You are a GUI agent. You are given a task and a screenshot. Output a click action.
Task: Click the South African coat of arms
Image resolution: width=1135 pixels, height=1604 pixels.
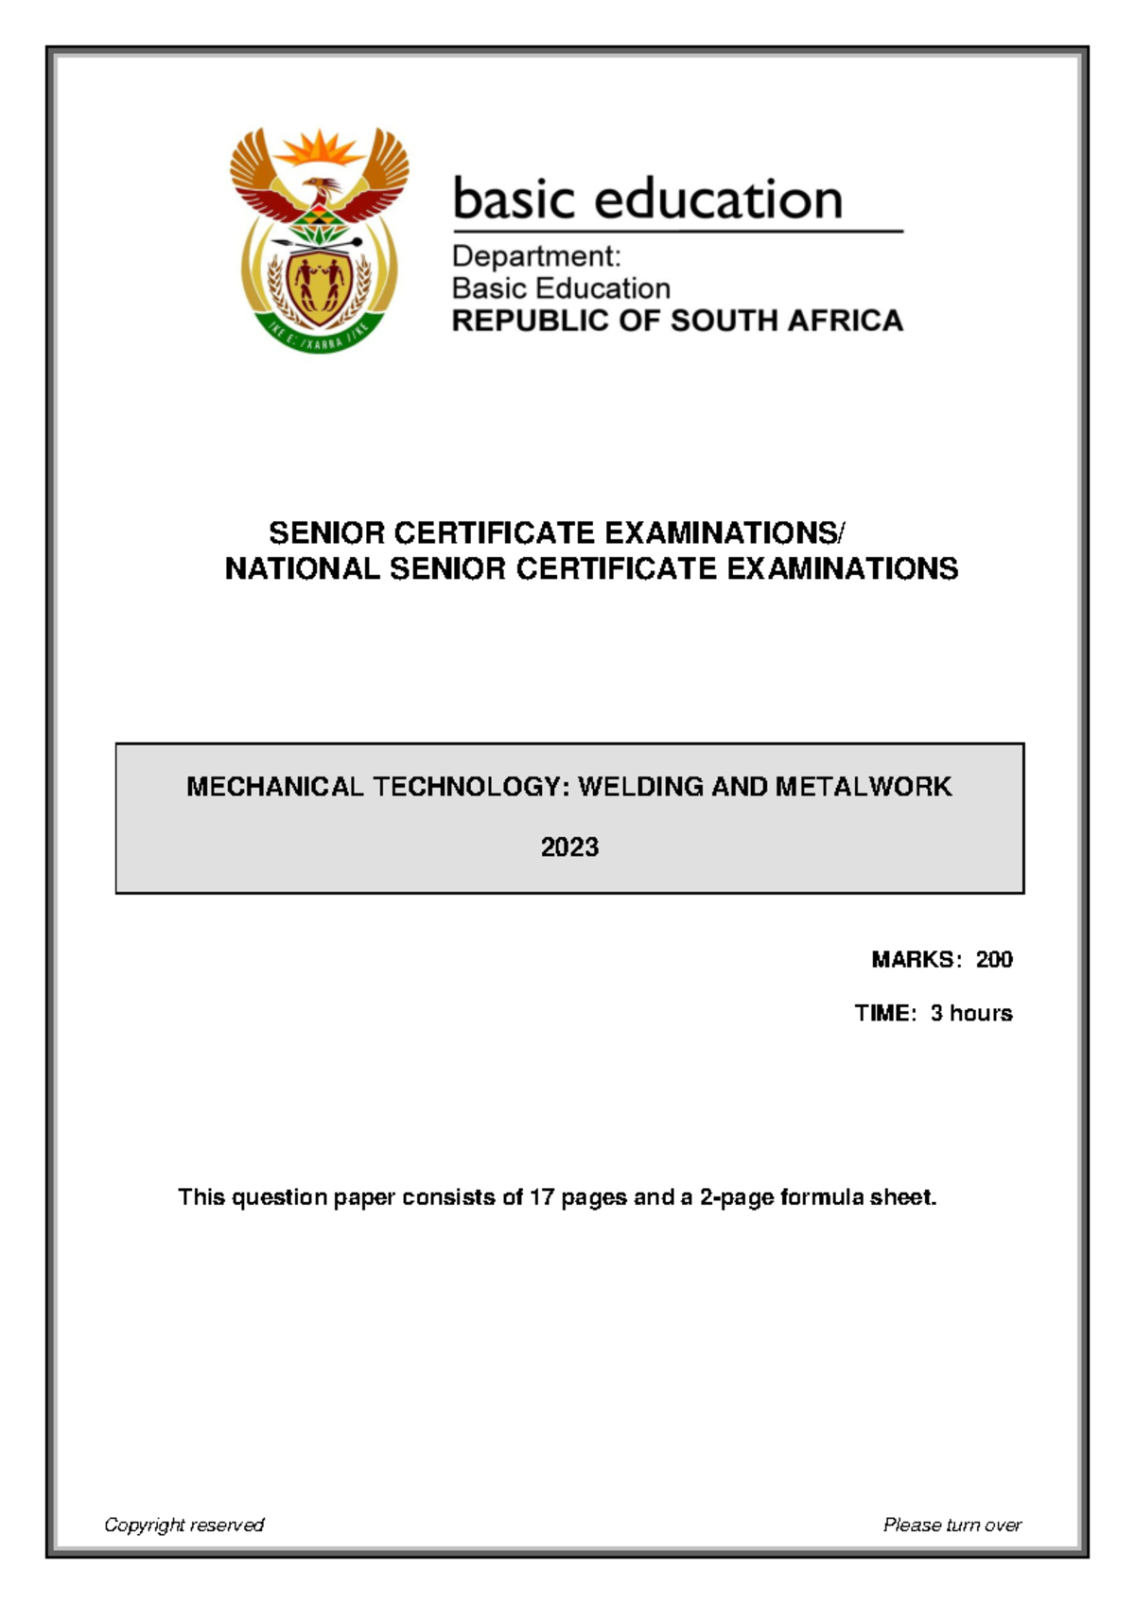click(x=319, y=241)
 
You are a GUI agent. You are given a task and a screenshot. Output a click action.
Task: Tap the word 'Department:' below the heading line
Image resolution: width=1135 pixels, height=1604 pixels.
click(x=536, y=256)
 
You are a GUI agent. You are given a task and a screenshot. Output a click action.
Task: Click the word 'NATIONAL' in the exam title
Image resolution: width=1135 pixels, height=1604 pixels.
click(x=303, y=568)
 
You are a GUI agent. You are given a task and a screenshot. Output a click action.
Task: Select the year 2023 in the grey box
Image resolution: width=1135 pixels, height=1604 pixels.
click(x=569, y=846)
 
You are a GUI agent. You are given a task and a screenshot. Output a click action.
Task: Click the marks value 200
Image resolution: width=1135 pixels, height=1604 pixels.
click(x=994, y=960)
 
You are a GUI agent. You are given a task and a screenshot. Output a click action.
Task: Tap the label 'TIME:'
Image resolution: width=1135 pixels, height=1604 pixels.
click(x=885, y=1013)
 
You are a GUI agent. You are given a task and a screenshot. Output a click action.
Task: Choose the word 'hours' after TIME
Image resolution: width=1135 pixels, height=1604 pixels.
click(x=981, y=1013)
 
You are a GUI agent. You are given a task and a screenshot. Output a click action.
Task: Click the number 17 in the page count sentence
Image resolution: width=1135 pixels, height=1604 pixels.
click(x=541, y=1197)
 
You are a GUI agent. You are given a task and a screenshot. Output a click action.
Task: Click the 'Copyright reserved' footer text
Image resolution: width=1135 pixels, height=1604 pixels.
click(x=183, y=1525)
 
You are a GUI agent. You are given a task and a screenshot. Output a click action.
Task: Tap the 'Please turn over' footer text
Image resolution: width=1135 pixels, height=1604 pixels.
click(x=952, y=1525)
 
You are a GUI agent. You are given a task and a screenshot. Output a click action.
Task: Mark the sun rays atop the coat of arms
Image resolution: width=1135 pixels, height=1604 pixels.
click(x=320, y=148)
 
